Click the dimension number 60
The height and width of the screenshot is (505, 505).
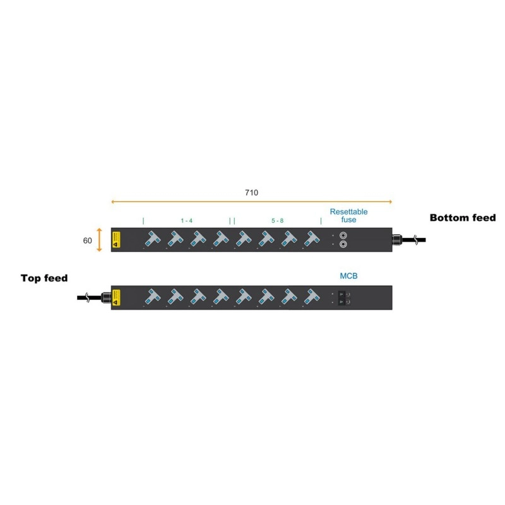point(88,241)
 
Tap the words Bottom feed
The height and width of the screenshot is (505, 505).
point(463,218)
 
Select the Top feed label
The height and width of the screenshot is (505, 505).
point(44,278)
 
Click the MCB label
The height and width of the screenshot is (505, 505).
point(349,276)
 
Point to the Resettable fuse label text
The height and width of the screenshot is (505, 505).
point(348,215)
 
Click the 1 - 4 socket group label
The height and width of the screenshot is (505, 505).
point(187,221)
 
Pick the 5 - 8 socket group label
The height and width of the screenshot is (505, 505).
point(278,221)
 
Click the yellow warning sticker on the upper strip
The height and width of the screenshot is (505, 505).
point(116,239)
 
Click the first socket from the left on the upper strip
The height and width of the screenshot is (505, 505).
point(152,239)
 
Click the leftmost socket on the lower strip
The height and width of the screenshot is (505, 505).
point(152,297)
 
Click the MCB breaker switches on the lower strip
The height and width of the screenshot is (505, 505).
point(345,297)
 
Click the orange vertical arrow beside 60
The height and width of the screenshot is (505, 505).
point(100,240)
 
